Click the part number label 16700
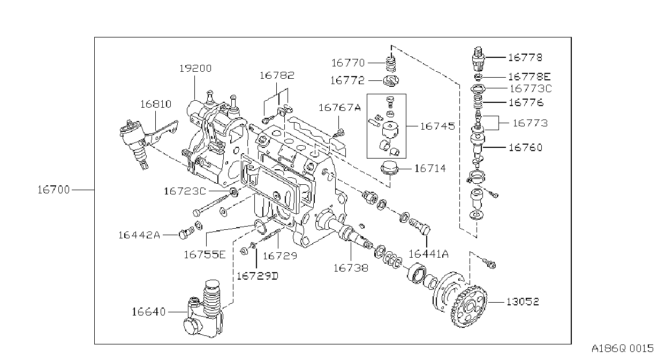tap(54, 190)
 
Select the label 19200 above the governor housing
tap(195, 69)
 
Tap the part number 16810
tap(156, 104)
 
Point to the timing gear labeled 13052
tap(460, 300)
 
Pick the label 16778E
tap(530, 77)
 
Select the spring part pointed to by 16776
tap(479, 102)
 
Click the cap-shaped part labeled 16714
tap(390, 169)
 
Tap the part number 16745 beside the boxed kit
tap(437, 126)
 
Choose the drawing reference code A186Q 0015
tap(623, 349)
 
